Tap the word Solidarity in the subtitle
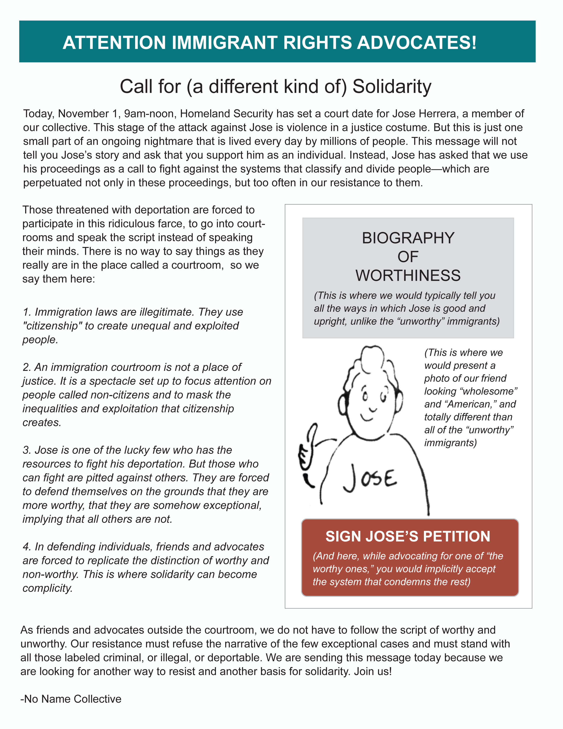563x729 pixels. click(x=392, y=86)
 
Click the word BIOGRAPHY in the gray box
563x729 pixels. click(x=408, y=238)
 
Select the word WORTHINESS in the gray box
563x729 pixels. click(x=408, y=276)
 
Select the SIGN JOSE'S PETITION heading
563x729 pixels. click(x=408, y=536)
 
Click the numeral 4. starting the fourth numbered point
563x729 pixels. click(x=27, y=547)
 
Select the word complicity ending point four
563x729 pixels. click(x=47, y=588)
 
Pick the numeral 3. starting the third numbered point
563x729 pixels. click(x=27, y=450)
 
